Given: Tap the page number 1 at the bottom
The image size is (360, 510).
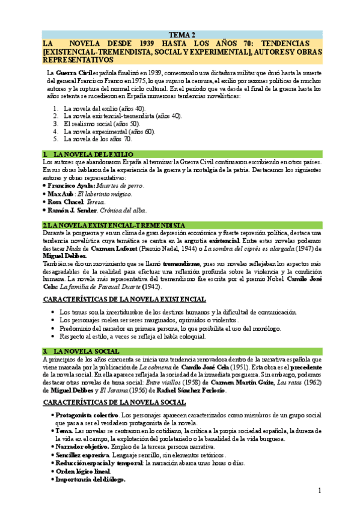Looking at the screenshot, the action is pos(320,492).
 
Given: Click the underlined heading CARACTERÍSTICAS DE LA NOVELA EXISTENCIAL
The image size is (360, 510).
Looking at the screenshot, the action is pos(124,299).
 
